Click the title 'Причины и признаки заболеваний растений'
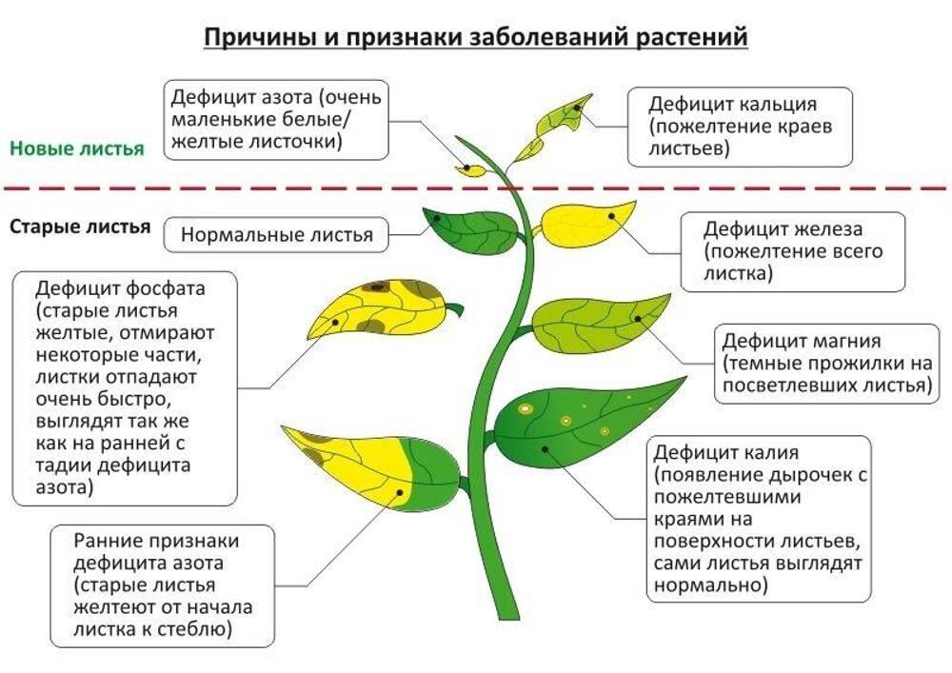click(475, 37)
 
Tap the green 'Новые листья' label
click(77, 148)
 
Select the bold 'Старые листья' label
click(80, 227)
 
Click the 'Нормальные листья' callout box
click(276, 234)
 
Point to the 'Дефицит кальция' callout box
click(740, 127)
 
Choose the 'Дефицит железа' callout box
click(793, 251)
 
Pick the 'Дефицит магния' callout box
click(827, 364)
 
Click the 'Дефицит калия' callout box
click(759, 519)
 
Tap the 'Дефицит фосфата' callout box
click(125, 388)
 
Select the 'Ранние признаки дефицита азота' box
click(163, 585)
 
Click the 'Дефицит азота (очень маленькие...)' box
click(276, 120)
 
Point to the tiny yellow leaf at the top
click(471, 170)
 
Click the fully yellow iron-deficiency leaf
click(585, 224)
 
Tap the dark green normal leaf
click(472, 231)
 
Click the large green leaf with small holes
click(583, 425)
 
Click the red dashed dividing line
click(476, 188)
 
